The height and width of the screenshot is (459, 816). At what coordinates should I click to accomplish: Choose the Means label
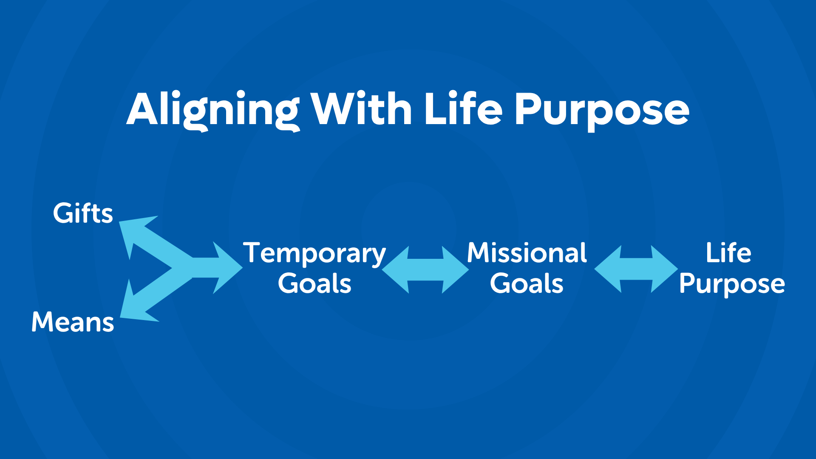[x=73, y=322]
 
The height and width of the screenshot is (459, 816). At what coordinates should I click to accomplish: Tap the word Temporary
[x=314, y=254]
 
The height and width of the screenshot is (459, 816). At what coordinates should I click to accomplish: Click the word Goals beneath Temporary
[x=314, y=283]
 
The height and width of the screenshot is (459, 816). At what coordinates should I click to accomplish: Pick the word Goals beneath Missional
[x=527, y=283]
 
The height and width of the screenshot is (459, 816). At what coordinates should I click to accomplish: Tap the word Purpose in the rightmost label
[x=732, y=284]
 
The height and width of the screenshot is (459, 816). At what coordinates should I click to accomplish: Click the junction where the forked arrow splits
[x=183, y=268]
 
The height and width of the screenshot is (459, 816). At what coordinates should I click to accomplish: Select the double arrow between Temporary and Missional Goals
[x=425, y=269]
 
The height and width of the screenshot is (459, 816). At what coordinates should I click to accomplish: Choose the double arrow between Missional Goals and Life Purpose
[x=636, y=269]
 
